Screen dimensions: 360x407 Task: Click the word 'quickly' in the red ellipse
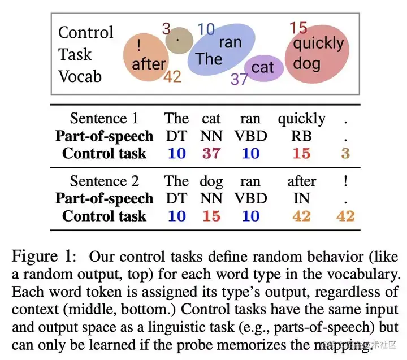coord(318,44)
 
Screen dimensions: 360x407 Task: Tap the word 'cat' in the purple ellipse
coord(262,68)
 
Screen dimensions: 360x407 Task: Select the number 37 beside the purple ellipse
coord(239,79)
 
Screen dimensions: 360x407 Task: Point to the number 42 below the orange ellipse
coord(172,76)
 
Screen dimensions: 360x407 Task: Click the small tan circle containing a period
coord(179,41)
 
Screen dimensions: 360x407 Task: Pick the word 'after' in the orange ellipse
coord(149,64)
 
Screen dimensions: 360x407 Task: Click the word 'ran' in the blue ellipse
coord(230,42)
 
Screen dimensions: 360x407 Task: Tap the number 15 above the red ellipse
coord(298,28)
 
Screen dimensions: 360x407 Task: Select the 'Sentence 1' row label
coord(103,119)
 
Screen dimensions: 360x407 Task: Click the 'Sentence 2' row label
coord(103,181)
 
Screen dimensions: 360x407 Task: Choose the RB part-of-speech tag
coord(301,136)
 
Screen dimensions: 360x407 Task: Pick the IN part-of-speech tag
coord(301,199)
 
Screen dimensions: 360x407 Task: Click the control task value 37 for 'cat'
coord(211,154)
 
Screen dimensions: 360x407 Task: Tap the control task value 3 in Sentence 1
coord(345,154)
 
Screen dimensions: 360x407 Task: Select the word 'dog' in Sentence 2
coord(211,182)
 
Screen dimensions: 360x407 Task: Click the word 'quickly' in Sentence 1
coord(301,119)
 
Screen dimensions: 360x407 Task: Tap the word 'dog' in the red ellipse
coord(307,62)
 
